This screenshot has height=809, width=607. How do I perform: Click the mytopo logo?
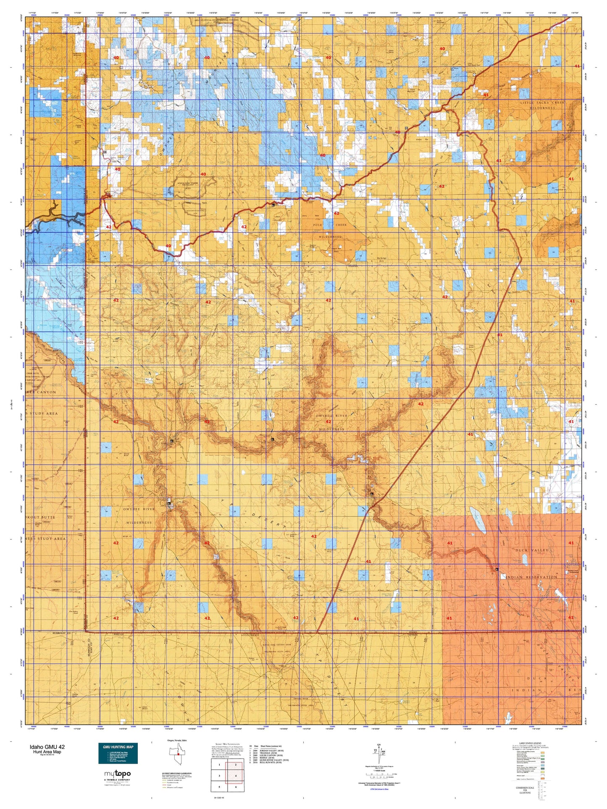117,774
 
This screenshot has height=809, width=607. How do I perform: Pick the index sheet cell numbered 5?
219,787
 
